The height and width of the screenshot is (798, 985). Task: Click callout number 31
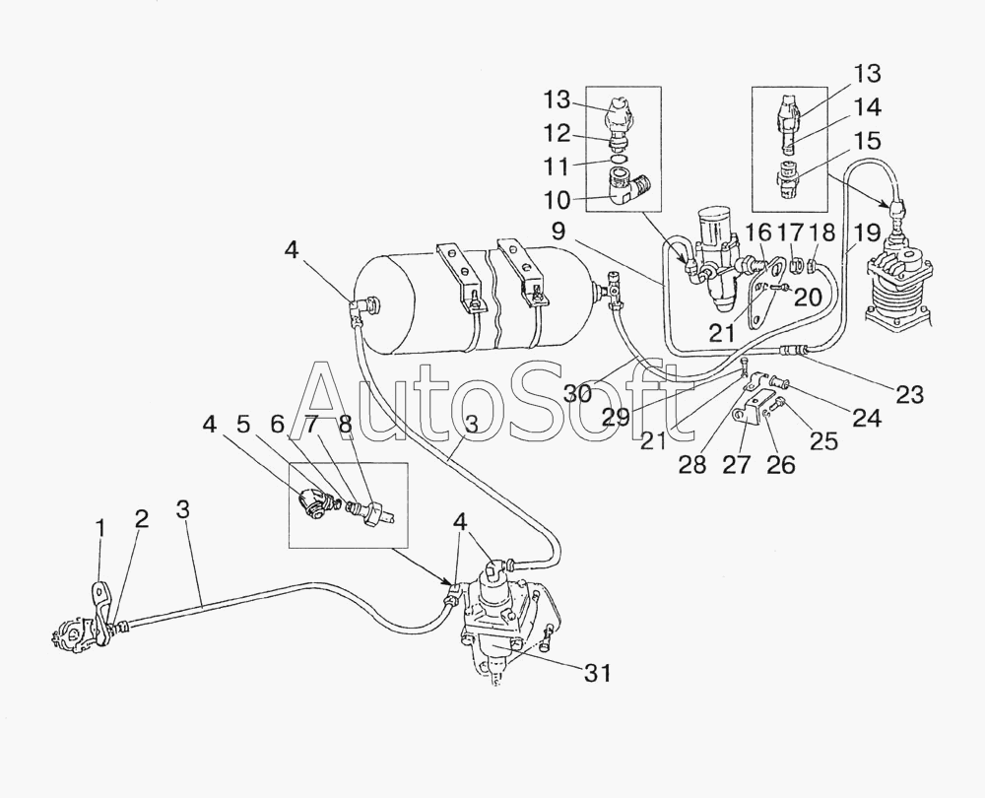point(598,674)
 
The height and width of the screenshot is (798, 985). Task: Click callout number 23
point(909,394)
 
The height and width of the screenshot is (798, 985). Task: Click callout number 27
point(735,464)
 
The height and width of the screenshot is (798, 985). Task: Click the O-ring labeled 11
point(620,159)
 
